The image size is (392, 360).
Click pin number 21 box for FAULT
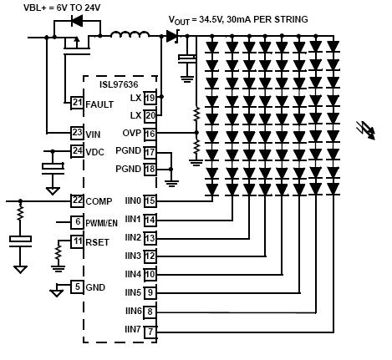77,103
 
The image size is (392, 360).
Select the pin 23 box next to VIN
77,133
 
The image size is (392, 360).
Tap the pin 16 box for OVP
150,134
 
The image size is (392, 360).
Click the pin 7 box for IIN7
150,332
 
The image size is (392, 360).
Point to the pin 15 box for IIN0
150,201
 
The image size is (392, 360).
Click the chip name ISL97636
119,84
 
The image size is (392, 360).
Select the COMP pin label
99,201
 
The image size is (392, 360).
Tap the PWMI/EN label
101,223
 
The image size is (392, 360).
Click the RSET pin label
97,242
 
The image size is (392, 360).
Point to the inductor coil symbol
130,34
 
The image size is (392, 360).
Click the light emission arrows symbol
366,129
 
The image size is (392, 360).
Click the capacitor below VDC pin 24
53,169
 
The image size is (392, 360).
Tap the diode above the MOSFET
77,21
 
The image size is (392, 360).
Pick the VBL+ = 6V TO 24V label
62,8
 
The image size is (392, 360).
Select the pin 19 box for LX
150,98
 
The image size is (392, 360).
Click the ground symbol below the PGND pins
171,184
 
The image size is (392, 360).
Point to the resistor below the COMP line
20,214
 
